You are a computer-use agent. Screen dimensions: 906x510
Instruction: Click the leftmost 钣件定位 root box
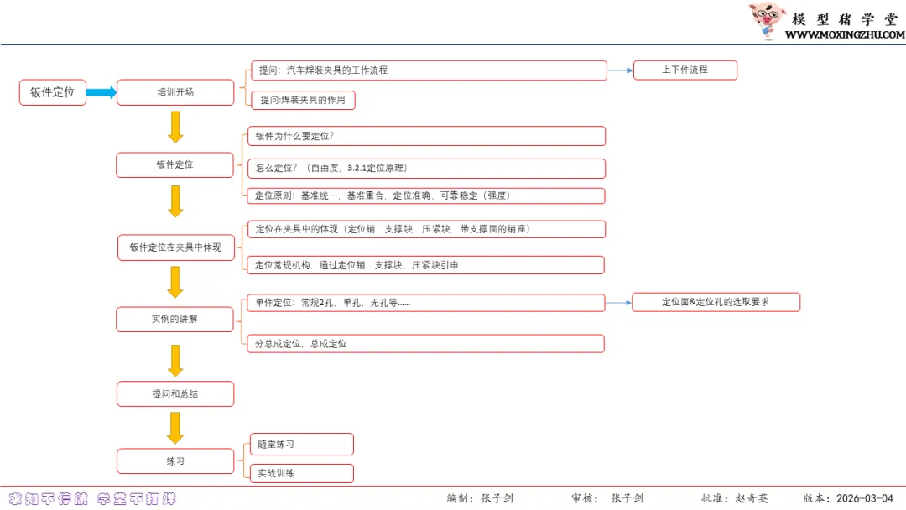(x=53, y=92)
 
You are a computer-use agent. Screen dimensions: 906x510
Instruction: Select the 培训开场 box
(x=175, y=92)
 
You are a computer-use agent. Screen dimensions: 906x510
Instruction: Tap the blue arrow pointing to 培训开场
(x=101, y=92)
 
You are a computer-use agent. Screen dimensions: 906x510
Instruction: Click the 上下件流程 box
(x=685, y=70)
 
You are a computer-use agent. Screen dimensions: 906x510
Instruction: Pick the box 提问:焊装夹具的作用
(x=303, y=100)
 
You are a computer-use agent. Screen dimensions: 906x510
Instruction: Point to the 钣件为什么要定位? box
(x=426, y=136)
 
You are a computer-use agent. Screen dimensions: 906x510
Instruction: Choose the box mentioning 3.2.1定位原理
(x=426, y=168)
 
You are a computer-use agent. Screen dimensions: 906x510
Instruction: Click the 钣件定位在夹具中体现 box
(x=175, y=247)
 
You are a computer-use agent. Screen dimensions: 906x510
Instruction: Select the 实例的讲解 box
(x=175, y=319)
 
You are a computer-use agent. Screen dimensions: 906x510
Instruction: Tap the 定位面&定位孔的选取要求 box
(x=716, y=302)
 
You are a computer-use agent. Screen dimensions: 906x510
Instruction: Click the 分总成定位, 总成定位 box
(x=424, y=343)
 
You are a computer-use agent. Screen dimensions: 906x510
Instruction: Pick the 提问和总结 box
(x=175, y=393)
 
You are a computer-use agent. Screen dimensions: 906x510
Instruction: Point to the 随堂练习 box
(x=302, y=444)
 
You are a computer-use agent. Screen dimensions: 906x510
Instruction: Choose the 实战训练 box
(x=302, y=473)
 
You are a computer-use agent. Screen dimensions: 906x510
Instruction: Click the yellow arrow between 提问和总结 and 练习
(x=175, y=428)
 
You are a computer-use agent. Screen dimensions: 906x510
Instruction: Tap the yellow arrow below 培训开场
(x=175, y=127)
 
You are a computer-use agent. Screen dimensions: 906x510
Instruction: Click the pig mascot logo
(x=766, y=20)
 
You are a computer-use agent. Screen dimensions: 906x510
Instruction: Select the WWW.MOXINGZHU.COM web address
(x=845, y=35)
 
